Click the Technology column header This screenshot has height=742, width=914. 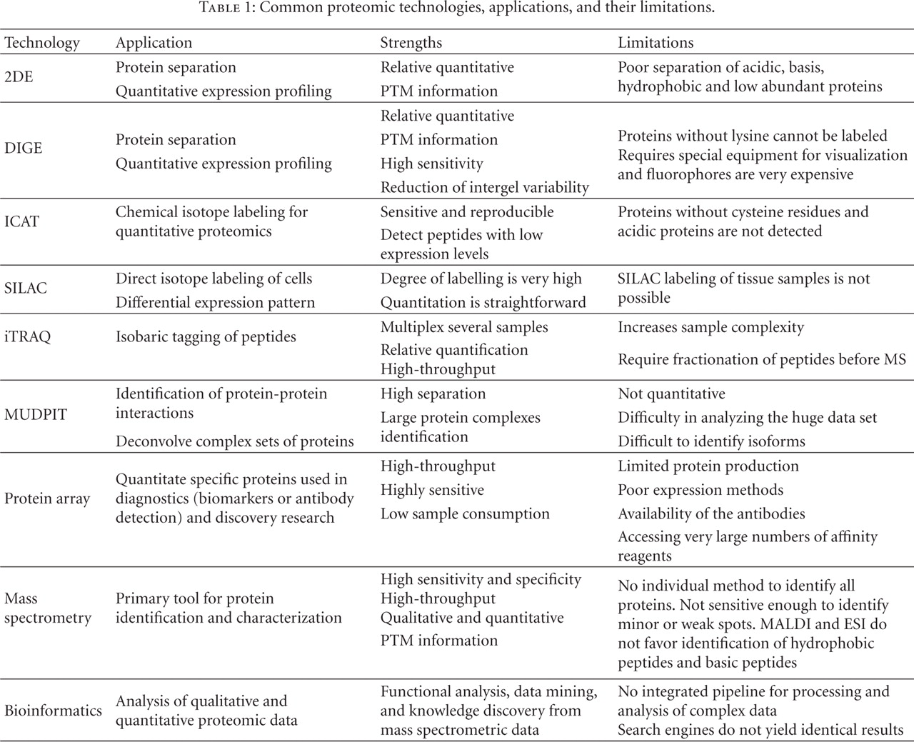coord(42,43)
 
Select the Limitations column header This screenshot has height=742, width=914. coord(656,43)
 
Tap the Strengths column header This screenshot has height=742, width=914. coord(411,43)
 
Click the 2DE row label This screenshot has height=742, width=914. coord(19,76)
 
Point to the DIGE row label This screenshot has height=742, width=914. coord(24,148)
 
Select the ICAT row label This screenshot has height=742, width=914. coord(21,221)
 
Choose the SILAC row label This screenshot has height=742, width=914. coord(26,288)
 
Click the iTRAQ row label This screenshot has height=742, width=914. coord(28,336)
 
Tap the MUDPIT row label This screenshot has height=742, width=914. coord(36,415)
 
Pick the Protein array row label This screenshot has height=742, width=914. coord(47,498)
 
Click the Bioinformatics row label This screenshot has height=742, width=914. coord(53,711)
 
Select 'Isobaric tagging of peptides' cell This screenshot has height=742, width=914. coord(206,336)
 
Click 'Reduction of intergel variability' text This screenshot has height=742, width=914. coord(484,188)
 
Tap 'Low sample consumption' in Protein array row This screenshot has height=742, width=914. coord(465,513)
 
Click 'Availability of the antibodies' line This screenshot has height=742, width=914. coord(711,513)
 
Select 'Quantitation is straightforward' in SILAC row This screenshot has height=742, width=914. coord(483,302)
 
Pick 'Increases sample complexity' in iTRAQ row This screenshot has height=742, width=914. coord(710,327)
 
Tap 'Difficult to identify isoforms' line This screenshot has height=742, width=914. coord(711,441)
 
